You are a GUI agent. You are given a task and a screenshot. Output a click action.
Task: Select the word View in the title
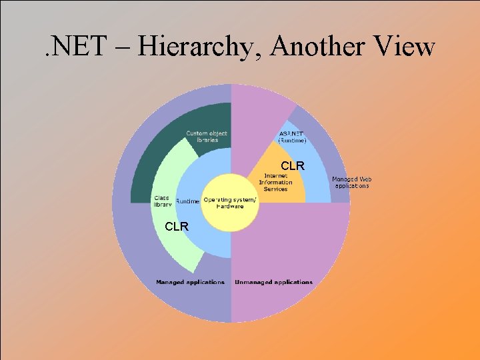point(403,47)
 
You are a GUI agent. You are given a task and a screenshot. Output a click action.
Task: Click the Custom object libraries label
point(207,137)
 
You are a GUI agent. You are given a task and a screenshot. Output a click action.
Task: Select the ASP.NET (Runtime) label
point(293,137)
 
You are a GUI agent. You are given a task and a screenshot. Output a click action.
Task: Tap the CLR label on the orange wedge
point(293,165)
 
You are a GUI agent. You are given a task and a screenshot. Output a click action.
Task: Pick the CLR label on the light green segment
point(177,227)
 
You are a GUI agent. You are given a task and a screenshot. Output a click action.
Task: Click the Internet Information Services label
point(275,183)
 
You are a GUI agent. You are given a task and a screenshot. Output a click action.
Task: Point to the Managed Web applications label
point(352,182)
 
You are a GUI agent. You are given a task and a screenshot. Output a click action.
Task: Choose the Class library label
point(163,201)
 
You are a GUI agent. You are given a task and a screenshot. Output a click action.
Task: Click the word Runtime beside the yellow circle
point(187,201)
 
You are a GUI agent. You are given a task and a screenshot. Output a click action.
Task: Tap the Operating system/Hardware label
point(229,203)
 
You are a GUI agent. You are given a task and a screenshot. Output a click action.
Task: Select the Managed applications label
point(190,282)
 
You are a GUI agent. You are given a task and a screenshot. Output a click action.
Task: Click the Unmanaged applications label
point(273,282)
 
